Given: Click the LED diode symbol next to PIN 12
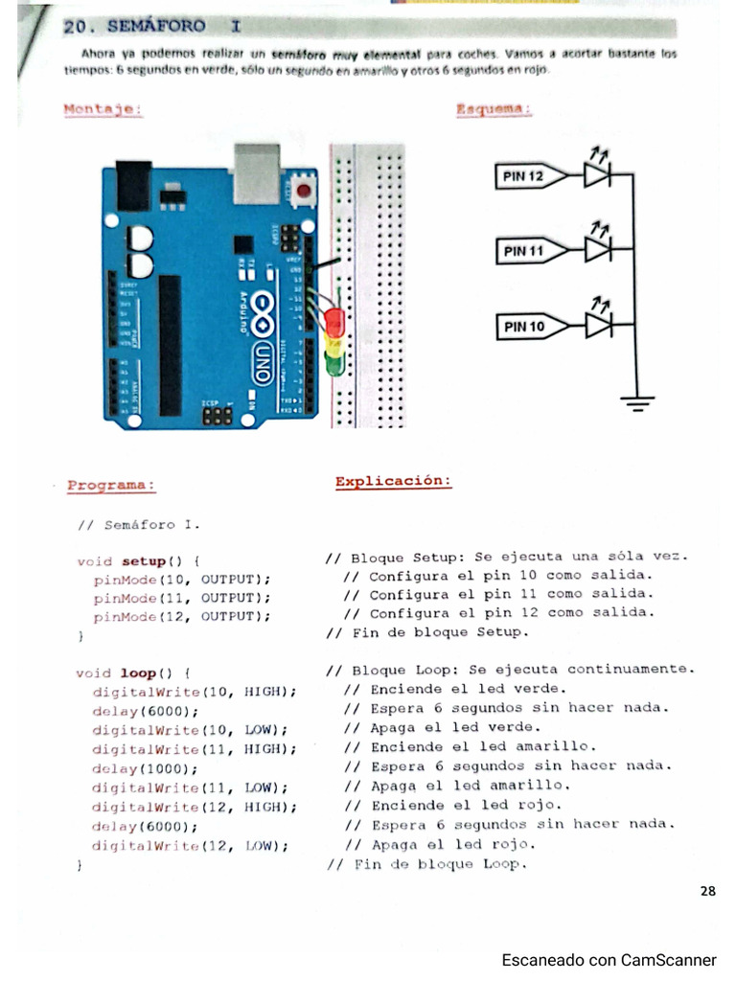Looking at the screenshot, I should [x=598, y=175].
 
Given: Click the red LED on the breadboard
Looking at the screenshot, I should [x=334, y=319].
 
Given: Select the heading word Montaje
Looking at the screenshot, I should [x=103, y=109].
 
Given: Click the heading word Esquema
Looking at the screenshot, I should [x=494, y=110].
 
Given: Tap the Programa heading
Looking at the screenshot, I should [x=111, y=485].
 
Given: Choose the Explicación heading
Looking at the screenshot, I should [x=393, y=481].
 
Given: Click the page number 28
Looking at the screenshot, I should [x=707, y=892].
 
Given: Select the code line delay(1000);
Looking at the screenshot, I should [x=145, y=768].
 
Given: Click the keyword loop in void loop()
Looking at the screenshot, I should [x=139, y=673].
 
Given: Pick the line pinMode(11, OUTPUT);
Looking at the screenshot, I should [x=182, y=598].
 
